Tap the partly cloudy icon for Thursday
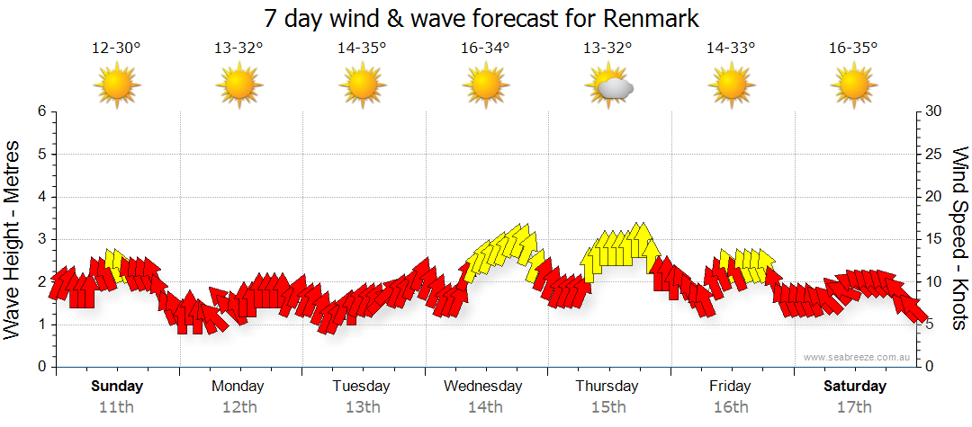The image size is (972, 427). click(x=609, y=86)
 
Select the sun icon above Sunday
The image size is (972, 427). click(x=117, y=86)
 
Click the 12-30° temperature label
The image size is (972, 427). click(x=117, y=49)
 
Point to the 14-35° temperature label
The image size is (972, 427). click(x=362, y=49)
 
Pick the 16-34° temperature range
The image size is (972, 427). click(x=485, y=49)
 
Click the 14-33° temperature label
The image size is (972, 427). click(x=730, y=49)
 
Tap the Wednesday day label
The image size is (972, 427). click(x=483, y=386)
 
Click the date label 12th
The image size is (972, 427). click(x=239, y=406)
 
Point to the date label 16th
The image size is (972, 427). click(x=730, y=406)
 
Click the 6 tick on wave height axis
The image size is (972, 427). click(x=40, y=111)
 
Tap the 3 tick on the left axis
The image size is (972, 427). click(x=40, y=239)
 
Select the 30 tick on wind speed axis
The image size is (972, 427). click(x=933, y=111)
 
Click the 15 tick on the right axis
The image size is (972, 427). click(x=933, y=239)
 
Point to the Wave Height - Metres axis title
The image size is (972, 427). click(x=13, y=239)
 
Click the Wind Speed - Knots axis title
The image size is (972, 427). click(x=959, y=239)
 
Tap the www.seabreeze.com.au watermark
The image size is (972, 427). click(x=858, y=357)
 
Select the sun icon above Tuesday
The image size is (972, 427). click(x=362, y=86)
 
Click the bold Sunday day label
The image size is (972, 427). click(x=117, y=386)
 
